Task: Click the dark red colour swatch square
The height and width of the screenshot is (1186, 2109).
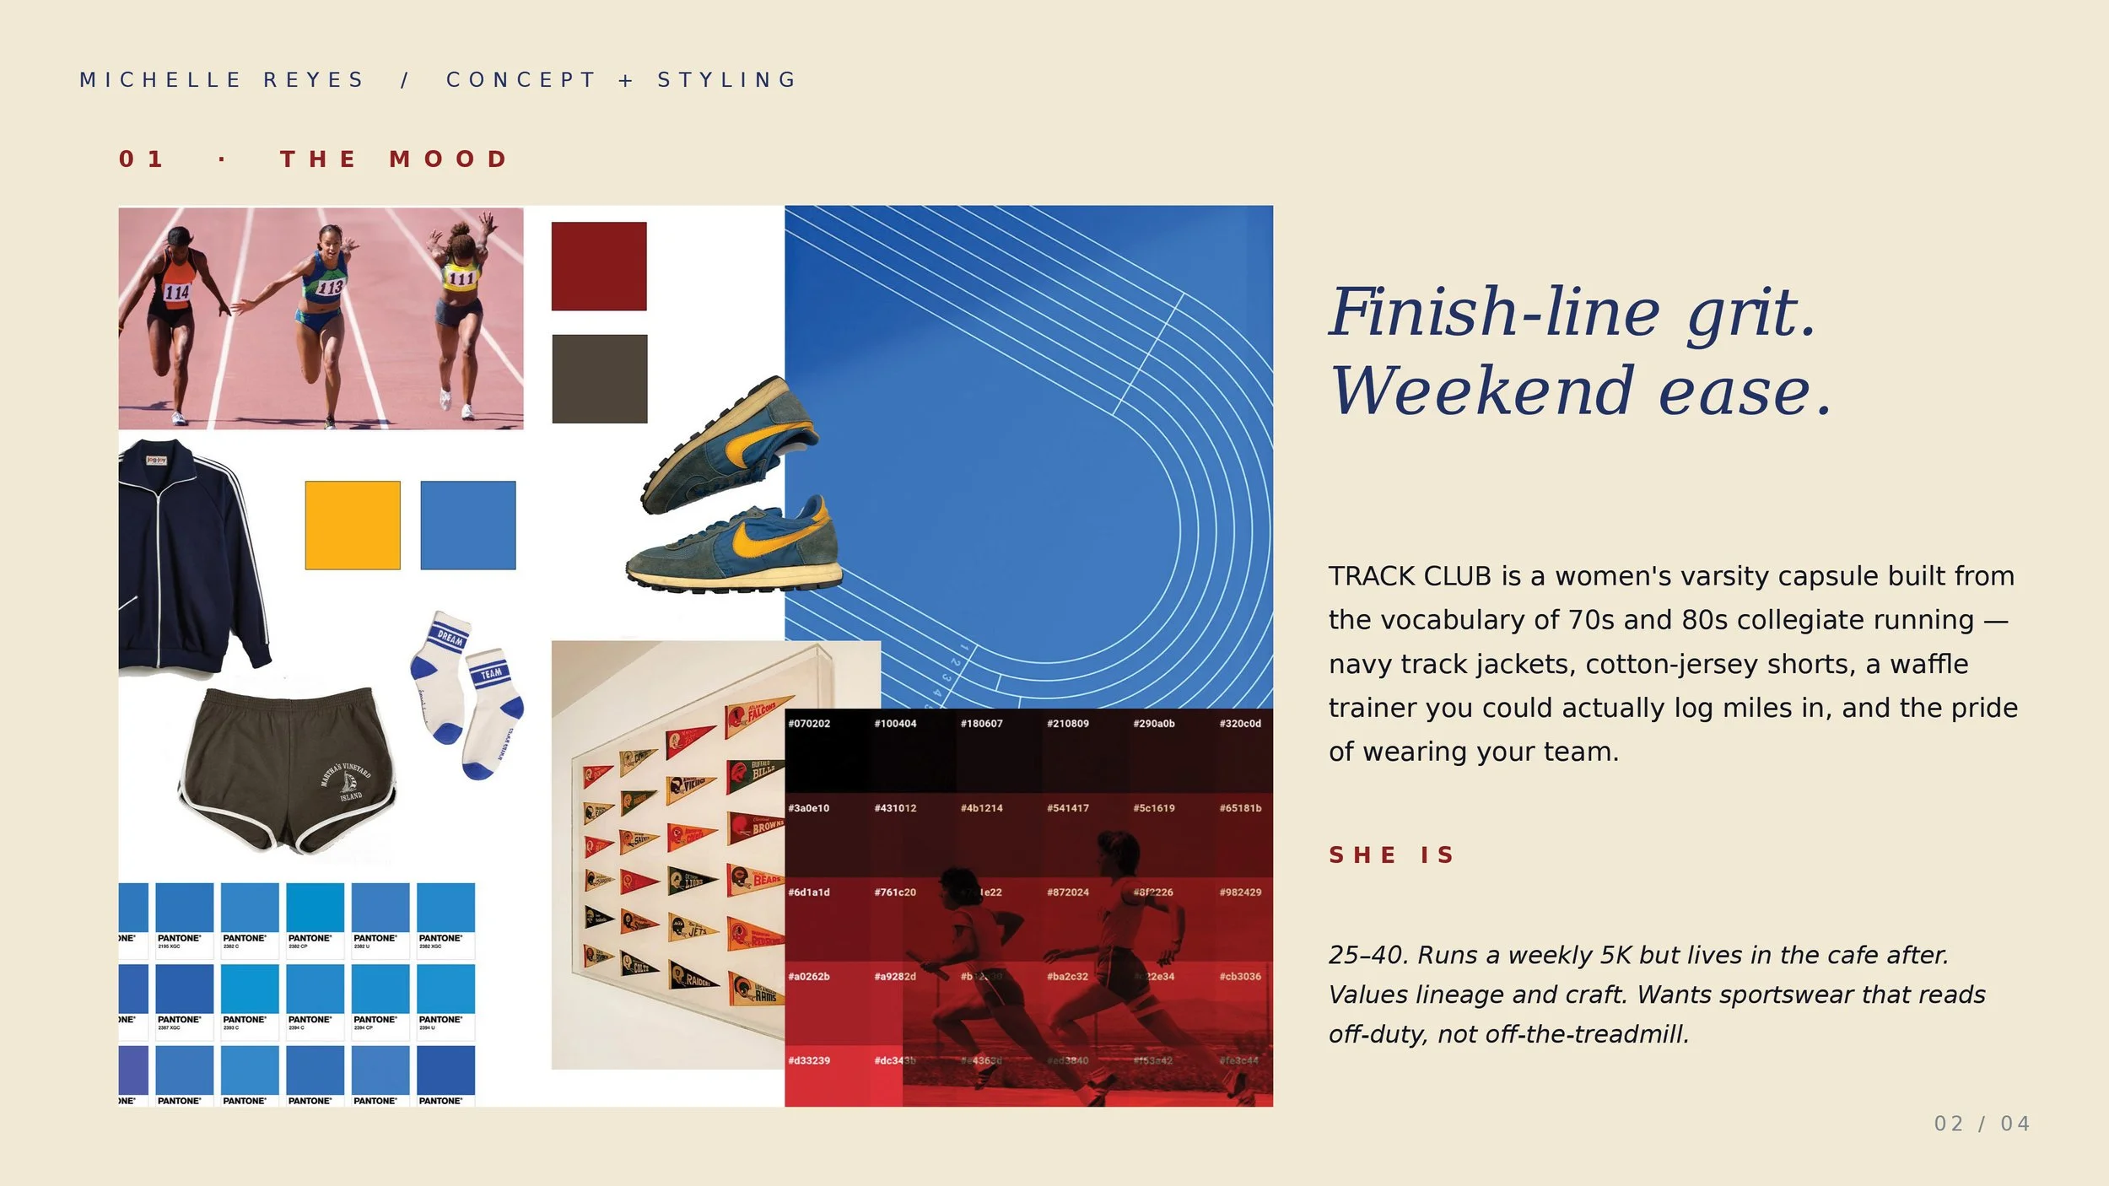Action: click(599, 266)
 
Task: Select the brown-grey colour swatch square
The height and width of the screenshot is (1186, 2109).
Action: click(599, 379)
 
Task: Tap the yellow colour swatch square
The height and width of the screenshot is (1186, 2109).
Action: click(353, 525)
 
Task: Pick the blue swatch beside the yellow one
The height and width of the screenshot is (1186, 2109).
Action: click(467, 525)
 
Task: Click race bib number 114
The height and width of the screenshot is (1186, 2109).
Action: click(176, 292)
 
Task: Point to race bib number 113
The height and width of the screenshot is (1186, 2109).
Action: click(330, 287)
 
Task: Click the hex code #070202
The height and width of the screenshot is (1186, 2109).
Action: click(809, 723)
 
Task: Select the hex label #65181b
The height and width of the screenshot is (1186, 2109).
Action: click(1240, 808)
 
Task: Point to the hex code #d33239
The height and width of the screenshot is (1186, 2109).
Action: click(809, 1060)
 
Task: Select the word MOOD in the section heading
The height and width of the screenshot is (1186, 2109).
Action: click(449, 159)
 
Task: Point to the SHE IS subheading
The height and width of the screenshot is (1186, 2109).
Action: click(1391, 854)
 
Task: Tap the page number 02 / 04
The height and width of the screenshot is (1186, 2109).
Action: click(1982, 1124)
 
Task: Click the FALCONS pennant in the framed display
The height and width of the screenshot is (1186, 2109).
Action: click(758, 714)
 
